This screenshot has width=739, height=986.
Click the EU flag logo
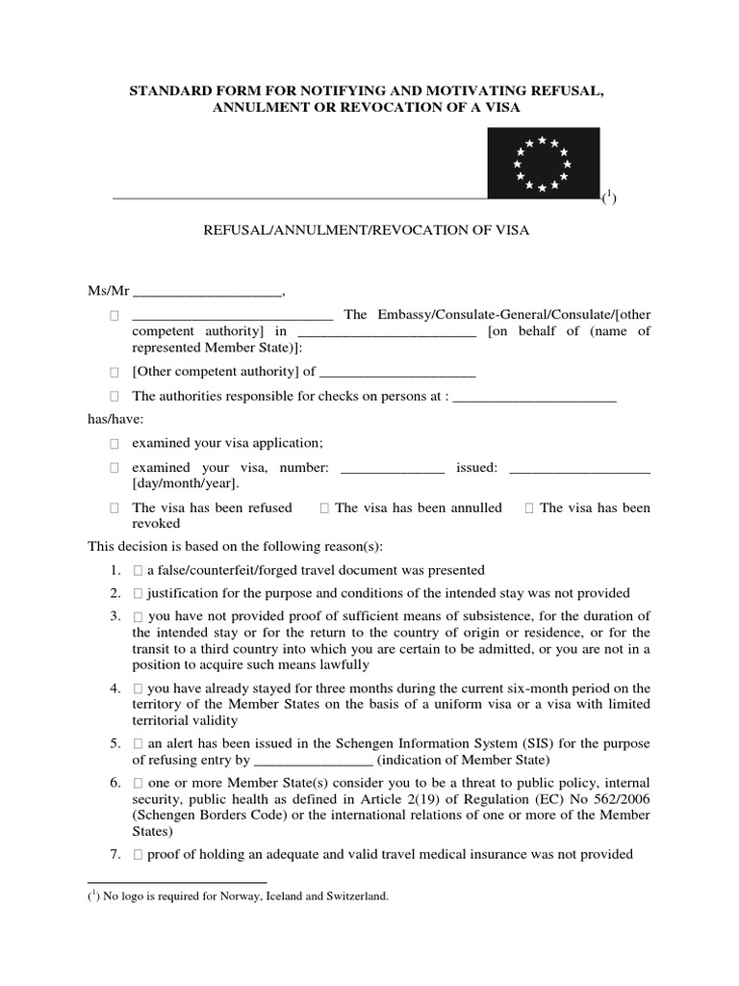[x=543, y=163]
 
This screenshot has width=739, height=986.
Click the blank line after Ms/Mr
[x=207, y=293]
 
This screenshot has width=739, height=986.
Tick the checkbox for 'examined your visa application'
[x=114, y=443]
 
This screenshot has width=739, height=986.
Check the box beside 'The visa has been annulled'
[x=324, y=508]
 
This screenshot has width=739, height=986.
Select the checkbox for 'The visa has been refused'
[x=114, y=508]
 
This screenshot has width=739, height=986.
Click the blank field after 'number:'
[x=393, y=469]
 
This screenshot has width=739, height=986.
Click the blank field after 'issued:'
[x=578, y=469]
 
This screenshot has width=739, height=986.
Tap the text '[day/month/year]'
[x=184, y=483]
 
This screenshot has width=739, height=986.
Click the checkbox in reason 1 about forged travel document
[x=140, y=570]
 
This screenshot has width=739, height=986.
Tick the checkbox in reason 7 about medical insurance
[x=140, y=854]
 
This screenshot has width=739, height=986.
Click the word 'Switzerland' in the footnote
[x=360, y=895]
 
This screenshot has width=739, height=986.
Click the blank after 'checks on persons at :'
[x=534, y=397]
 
